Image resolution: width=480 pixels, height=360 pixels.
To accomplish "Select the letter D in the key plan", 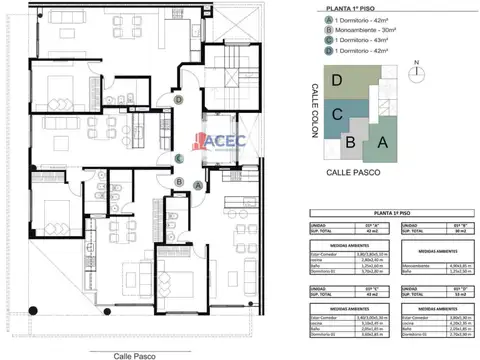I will pos(337,80).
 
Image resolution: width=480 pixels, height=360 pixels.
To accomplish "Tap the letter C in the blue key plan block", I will pos(338,114).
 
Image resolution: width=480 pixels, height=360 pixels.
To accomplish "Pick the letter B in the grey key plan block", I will pos(350,141).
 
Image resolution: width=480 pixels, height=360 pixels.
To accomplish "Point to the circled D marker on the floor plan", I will pos(178,100).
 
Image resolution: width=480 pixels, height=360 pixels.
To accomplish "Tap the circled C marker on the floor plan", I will pos(179,158).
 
